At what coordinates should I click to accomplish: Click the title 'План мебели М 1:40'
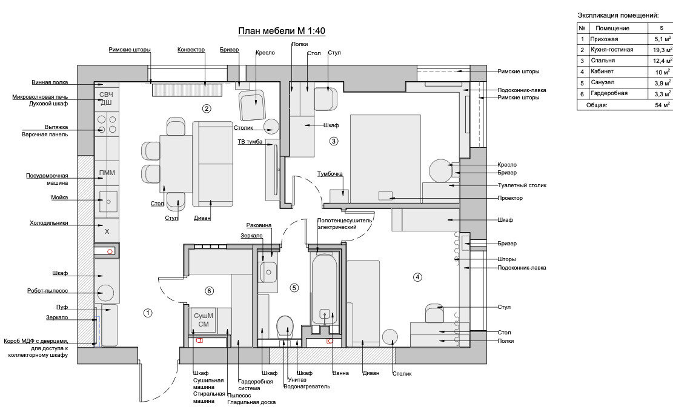[x=282, y=32]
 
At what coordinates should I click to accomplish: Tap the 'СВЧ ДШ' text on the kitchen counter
[x=106, y=98]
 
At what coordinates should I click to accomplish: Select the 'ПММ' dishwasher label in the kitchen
[x=107, y=173]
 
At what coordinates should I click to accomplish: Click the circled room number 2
[x=207, y=109]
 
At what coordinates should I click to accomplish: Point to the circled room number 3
[x=333, y=141]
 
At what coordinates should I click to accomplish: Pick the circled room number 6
[x=209, y=291]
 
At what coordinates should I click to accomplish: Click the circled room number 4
[x=417, y=277]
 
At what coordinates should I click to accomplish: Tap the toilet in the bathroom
[x=284, y=327]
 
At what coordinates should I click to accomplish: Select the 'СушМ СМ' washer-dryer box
[x=203, y=320]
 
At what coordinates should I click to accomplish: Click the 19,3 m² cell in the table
[x=661, y=50]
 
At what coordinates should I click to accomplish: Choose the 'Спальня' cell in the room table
[x=602, y=61]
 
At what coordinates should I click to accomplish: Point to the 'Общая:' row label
[x=596, y=105]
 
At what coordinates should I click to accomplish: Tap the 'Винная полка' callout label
[x=50, y=82]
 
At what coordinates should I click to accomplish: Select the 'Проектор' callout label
[x=510, y=198]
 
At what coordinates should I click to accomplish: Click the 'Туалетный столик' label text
[x=522, y=185]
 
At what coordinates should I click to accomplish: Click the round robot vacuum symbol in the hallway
[x=105, y=293]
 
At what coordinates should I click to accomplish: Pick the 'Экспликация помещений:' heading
[x=618, y=15]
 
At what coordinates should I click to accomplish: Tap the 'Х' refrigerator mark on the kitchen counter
[x=107, y=231]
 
